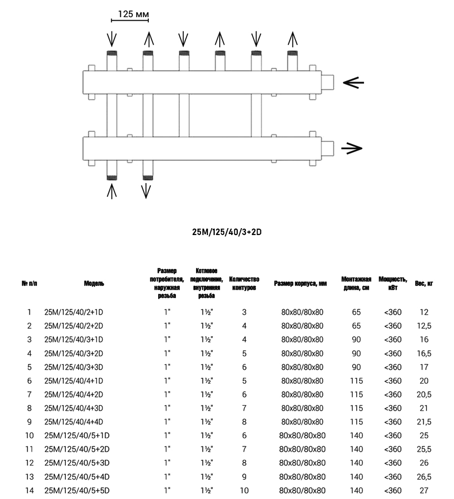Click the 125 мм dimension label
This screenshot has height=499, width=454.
coord(130,15)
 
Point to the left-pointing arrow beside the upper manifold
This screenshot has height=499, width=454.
coord(353,83)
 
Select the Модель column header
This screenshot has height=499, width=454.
coord(94,283)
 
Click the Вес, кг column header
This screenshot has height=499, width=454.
coord(424,283)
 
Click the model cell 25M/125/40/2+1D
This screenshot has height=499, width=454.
coord(77,312)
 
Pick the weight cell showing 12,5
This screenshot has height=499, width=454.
coord(424,326)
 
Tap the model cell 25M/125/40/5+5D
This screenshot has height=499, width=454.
coord(77,490)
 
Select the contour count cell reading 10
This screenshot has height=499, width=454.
coord(244,490)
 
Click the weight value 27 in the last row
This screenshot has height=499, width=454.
coord(424,490)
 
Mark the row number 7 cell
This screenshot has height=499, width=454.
coord(29,394)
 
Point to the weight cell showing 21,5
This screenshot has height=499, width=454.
coord(424,421)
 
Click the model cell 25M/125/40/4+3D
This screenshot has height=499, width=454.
coord(77,408)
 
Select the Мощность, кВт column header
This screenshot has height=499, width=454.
coord(393,283)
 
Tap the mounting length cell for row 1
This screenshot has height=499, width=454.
coord(357,312)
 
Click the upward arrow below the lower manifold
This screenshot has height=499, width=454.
coord(112,191)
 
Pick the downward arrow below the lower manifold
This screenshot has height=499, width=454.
coord(146,191)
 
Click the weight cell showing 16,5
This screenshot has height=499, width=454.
coord(424,353)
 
